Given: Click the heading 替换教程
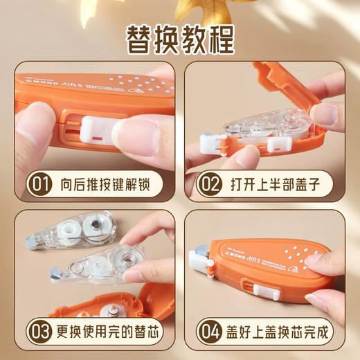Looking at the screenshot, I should tap(179, 39).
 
